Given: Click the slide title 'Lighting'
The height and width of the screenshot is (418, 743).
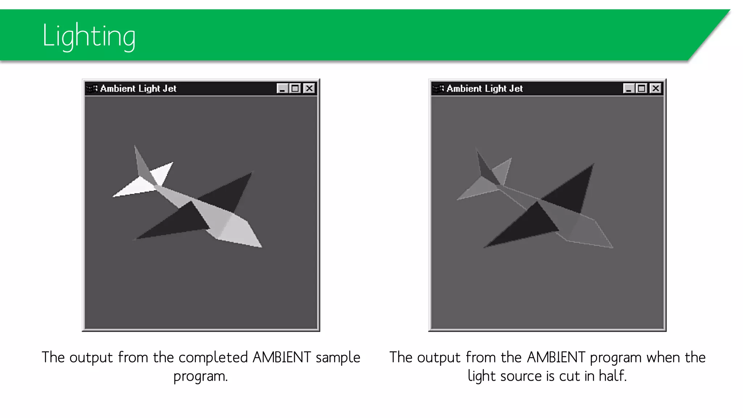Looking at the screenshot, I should point(89,36).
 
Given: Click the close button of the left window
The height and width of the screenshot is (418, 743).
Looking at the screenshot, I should point(309,89).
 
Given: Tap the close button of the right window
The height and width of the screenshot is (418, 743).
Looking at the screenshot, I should point(656,89).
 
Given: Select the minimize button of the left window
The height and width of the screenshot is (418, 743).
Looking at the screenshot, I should point(282,89).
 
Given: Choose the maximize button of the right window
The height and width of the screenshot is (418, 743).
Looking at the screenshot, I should point(642,89).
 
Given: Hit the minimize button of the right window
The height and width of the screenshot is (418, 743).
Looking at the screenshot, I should point(629,89).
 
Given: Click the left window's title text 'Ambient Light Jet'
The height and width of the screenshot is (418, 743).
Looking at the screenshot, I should point(138,89).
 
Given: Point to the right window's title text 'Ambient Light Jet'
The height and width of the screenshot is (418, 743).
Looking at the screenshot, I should point(484,89).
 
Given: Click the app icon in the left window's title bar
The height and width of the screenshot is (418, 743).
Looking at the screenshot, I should point(91,89).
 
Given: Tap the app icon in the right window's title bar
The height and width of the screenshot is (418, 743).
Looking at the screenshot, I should point(438,89).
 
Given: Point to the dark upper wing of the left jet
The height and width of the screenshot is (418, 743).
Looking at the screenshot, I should point(229,192).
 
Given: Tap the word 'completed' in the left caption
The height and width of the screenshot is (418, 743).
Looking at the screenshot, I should point(213,358).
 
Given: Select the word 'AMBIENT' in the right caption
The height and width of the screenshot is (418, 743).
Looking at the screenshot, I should point(556,358).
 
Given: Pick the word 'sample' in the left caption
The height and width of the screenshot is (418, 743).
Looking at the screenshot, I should point(338,358).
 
